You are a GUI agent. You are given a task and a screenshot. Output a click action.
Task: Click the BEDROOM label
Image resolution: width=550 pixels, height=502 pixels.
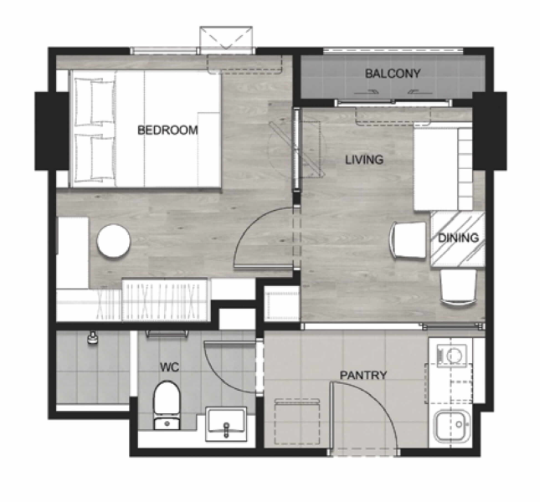[x=167, y=130]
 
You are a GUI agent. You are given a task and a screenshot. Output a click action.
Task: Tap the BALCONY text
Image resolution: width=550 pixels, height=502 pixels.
[x=393, y=74]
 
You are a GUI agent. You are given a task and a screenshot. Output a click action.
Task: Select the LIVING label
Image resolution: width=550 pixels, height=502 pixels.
[x=364, y=160]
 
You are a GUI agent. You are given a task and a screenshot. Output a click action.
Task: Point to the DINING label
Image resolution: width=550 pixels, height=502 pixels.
[x=459, y=238]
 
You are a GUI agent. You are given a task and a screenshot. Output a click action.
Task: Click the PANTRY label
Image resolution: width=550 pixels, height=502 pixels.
[x=363, y=376]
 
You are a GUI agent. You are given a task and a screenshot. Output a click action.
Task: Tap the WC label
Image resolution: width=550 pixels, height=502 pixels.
[x=169, y=367]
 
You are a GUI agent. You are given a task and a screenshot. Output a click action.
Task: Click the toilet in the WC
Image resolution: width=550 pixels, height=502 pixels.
[x=167, y=405]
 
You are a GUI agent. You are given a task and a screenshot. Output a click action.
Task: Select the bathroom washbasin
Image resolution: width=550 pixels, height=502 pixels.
[x=226, y=423]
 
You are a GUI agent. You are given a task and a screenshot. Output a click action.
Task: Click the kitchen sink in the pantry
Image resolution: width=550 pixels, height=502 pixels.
[x=452, y=426]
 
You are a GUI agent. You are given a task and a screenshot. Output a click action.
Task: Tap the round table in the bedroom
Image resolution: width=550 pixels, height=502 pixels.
[x=114, y=241]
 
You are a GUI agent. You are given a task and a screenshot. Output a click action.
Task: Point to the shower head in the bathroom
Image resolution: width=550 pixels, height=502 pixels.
[x=93, y=338]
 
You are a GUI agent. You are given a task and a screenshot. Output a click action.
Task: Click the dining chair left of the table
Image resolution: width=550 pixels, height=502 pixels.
[x=408, y=240]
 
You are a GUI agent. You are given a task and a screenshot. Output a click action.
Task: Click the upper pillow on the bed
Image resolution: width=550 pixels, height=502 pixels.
[x=95, y=102]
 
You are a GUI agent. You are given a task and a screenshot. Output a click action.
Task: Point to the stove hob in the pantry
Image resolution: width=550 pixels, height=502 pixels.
[x=452, y=355]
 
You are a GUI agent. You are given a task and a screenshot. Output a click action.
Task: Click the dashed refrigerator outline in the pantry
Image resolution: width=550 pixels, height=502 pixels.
[x=296, y=422]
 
